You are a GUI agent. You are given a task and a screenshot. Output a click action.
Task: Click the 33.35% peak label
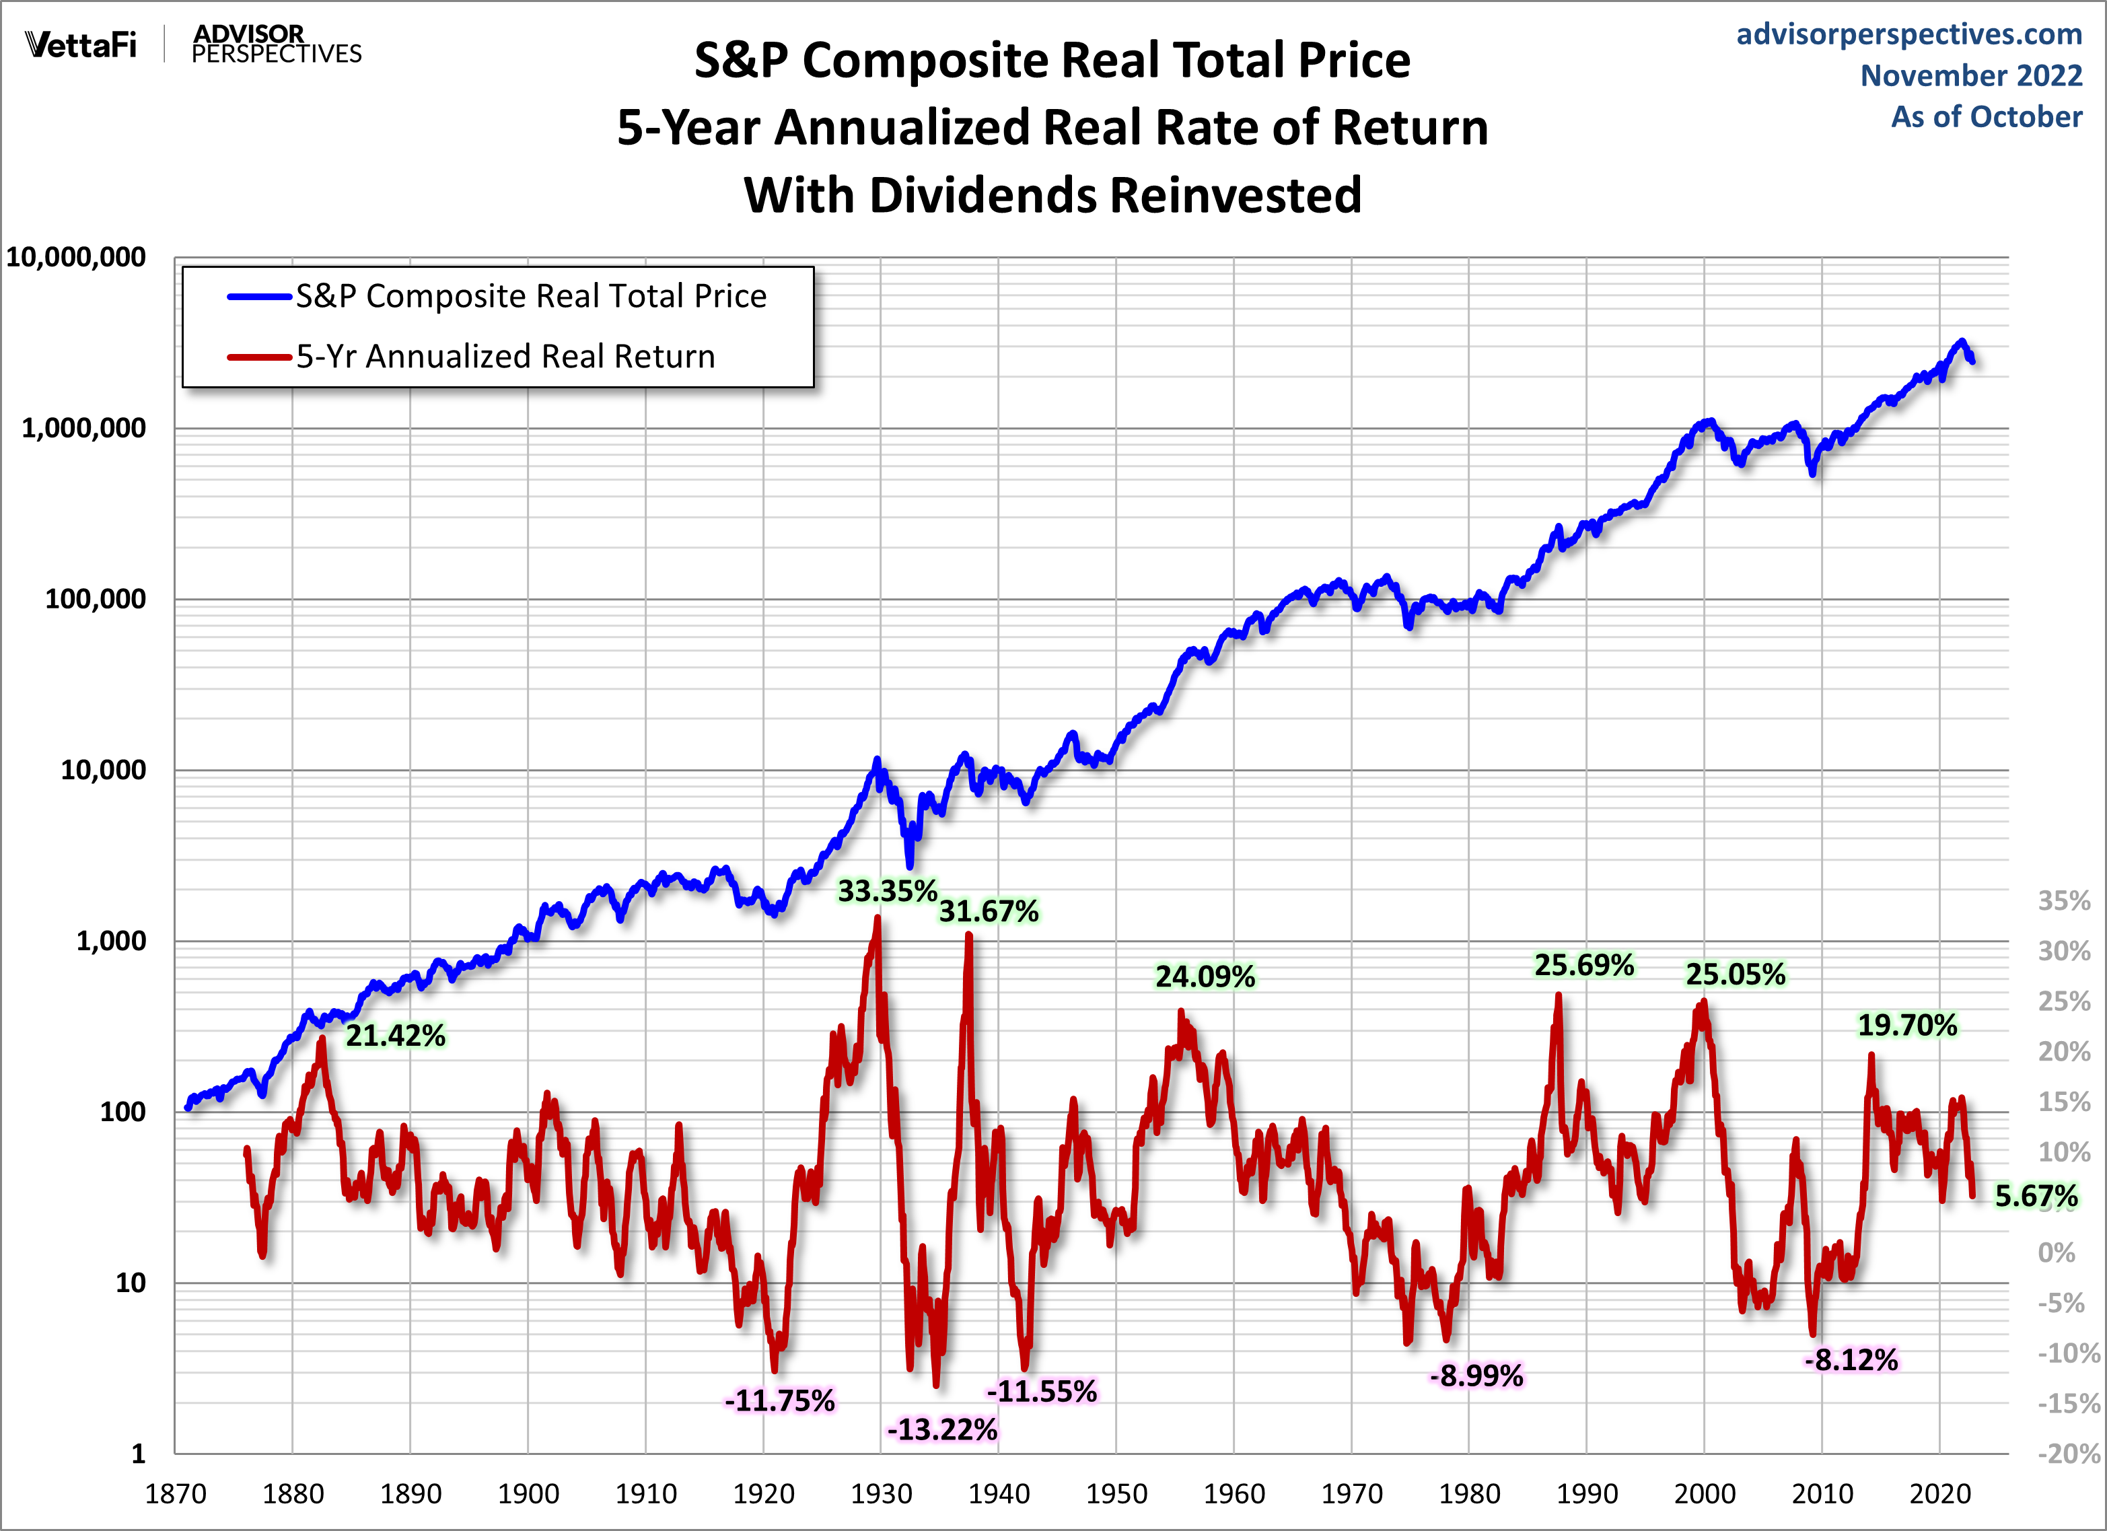click(x=886, y=891)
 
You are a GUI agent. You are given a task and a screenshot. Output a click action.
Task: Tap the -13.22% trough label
click(x=942, y=1429)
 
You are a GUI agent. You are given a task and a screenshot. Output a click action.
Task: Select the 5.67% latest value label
click(x=2036, y=1196)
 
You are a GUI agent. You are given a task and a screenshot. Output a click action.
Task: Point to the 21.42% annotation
click(x=396, y=1035)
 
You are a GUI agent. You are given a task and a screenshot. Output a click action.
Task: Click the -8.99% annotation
click(x=1476, y=1375)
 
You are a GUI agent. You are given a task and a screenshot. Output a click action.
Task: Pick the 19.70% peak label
click(x=1906, y=1025)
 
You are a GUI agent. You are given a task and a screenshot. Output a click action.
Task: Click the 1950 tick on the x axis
click(x=1116, y=1494)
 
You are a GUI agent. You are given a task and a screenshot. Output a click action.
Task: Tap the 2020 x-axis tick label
click(x=1940, y=1494)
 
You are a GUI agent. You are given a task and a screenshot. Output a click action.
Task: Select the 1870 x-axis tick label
click(x=176, y=1494)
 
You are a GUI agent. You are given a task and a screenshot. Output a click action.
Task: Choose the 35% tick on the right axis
click(x=2063, y=900)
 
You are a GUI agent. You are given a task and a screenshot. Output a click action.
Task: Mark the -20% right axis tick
click(x=2067, y=1453)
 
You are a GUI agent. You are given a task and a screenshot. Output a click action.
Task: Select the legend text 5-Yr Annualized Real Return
click(x=505, y=357)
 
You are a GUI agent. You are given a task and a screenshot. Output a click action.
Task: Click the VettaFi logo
click(x=81, y=44)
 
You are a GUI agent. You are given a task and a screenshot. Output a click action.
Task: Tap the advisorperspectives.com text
click(x=1909, y=34)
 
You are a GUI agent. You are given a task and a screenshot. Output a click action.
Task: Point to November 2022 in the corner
click(x=1970, y=75)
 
